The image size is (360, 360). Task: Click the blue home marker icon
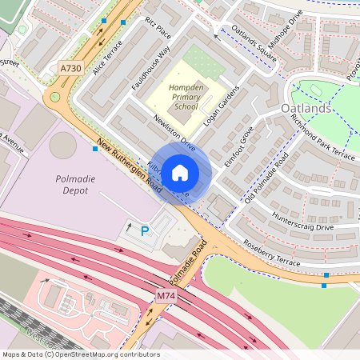pyautogui.click(x=180, y=172)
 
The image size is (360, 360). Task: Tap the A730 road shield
pyautogui.click(x=71, y=70)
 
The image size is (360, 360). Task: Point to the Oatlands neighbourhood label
pyautogui.click(x=306, y=108)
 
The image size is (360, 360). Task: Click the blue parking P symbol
pyautogui.click(x=145, y=231)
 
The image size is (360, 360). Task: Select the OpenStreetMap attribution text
pyautogui.click(x=81, y=354)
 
